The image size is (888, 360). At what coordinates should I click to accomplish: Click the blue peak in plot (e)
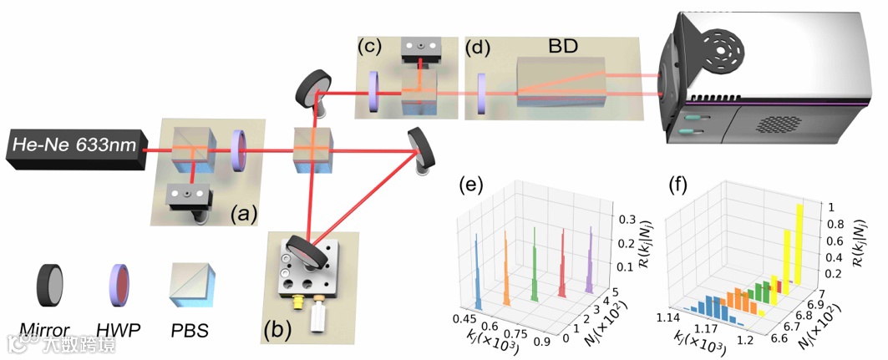tap(477, 267)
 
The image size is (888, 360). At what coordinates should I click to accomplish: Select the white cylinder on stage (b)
tap(319, 317)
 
